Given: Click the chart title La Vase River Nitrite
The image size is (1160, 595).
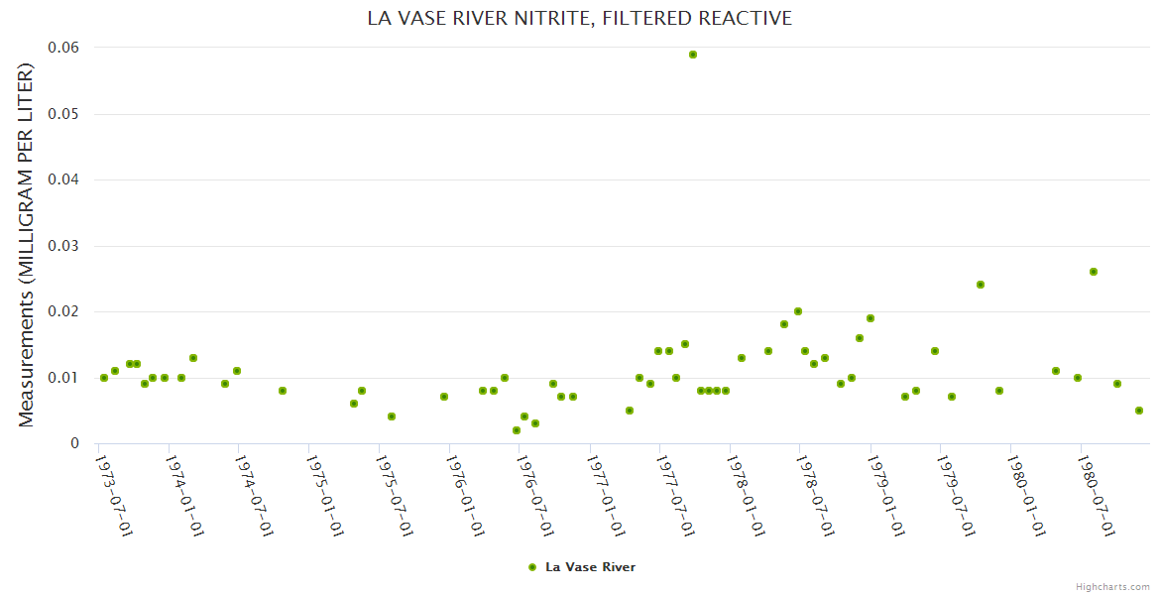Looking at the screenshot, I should coord(580,18).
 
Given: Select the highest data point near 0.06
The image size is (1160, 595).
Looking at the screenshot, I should coord(693,55).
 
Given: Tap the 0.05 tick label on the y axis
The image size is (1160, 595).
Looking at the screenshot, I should coord(65,114).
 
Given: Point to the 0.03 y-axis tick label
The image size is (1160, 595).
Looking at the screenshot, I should coord(65,246).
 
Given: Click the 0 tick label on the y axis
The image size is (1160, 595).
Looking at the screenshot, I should coord(74,443).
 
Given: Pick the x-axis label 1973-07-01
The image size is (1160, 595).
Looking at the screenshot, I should coord(114,496).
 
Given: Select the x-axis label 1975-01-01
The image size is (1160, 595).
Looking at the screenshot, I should coord(324,496).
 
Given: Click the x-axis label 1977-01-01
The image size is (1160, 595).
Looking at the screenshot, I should coord(605,496).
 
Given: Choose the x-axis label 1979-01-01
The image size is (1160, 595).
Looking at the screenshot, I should coord(885,496).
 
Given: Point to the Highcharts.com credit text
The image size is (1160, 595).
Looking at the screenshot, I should coord(1112,586).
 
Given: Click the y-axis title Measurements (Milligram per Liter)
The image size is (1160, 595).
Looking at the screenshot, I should coord(27,245).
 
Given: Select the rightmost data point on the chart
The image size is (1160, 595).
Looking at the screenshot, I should coord(1139,411).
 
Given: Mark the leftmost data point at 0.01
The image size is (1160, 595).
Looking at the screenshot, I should coord(104,378).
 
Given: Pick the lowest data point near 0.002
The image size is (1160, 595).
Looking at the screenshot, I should coord(517,430).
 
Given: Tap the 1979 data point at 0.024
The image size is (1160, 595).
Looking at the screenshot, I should coord(981,285).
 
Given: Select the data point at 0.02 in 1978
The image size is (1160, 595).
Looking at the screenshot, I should coord(798,311).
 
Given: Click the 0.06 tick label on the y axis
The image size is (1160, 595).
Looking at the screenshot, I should coord(65,48).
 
